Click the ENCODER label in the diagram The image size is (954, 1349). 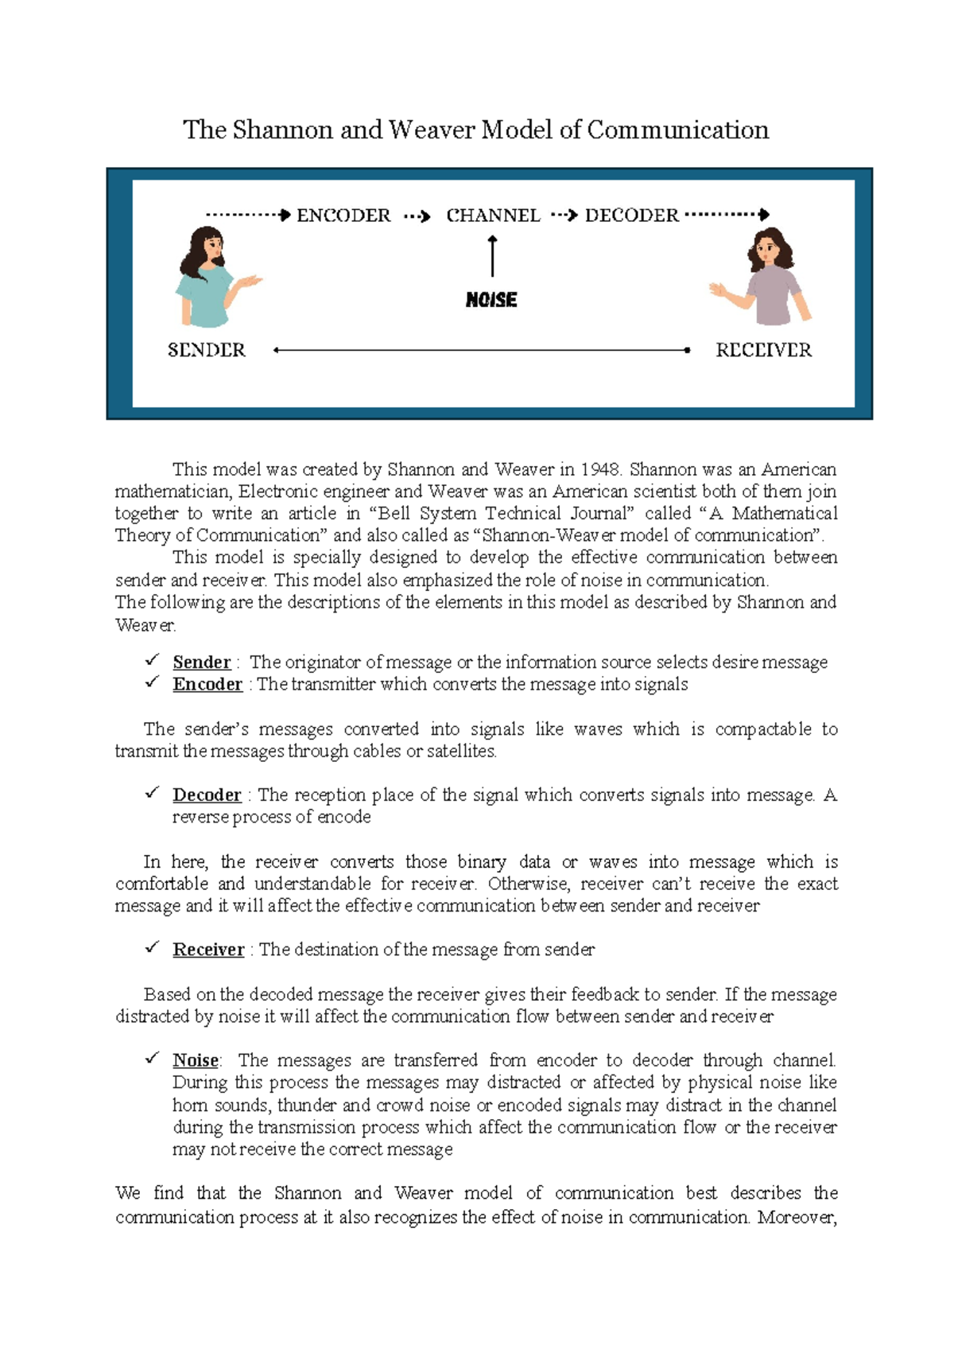click(x=343, y=216)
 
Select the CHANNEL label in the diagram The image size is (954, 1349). click(x=493, y=216)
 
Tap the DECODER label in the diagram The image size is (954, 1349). click(x=632, y=216)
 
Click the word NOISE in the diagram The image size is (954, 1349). click(x=491, y=300)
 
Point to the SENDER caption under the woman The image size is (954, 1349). click(x=207, y=350)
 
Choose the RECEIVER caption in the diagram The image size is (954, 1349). click(x=763, y=350)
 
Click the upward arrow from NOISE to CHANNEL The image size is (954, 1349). click(x=493, y=256)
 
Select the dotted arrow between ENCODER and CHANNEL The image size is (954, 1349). click(x=417, y=216)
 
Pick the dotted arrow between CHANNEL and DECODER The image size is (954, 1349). click(x=563, y=216)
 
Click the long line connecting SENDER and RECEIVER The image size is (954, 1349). click(x=481, y=350)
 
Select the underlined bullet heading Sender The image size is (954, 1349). click(x=201, y=663)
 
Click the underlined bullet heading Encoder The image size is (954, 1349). click(x=207, y=685)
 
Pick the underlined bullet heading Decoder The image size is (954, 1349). click(x=207, y=795)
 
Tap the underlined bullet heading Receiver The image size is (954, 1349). click(x=208, y=950)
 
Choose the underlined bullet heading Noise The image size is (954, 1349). click(x=196, y=1060)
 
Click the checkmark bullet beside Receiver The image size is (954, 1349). click(x=152, y=948)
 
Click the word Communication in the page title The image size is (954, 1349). click(x=677, y=130)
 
